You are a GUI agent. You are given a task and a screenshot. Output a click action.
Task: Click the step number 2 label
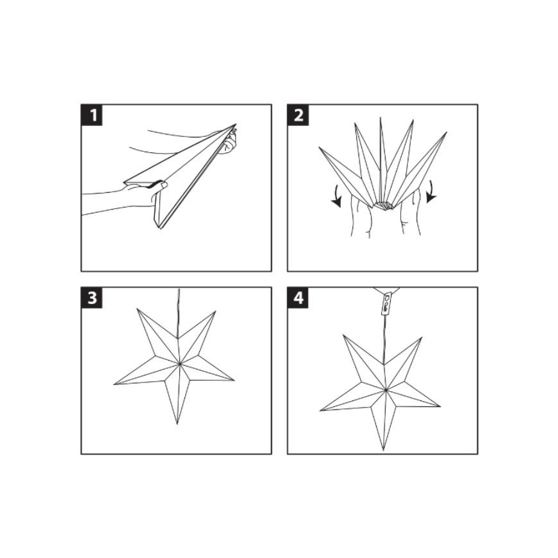pyautogui.click(x=299, y=116)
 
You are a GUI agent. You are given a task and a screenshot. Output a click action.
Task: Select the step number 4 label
pyautogui.click(x=299, y=300)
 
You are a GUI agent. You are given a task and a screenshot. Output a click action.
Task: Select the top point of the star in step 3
pyautogui.click(x=138, y=310)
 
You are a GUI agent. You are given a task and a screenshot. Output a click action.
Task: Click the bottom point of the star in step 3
pyautogui.click(x=177, y=423)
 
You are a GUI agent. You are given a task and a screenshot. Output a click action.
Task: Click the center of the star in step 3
pyautogui.click(x=180, y=364)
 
